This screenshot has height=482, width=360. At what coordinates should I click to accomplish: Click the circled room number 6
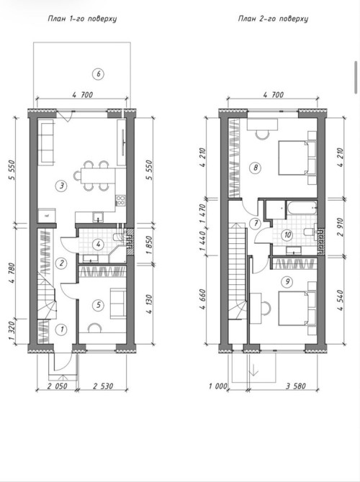click(x=98, y=74)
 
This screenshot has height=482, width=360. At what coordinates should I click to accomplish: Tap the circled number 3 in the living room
click(x=62, y=186)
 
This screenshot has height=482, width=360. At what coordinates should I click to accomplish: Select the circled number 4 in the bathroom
click(x=98, y=245)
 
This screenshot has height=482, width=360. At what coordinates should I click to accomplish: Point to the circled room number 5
click(x=98, y=305)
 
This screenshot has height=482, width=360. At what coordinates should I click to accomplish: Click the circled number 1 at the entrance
click(x=62, y=329)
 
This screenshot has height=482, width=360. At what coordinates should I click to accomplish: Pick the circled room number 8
click(x=256, y=168)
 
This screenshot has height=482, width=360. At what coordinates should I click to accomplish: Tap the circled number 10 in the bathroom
click(x=288, y=235)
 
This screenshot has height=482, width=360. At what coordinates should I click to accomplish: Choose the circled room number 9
click(x=287, y=281)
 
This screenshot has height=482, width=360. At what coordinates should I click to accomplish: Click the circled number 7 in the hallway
click(x=256, y=224)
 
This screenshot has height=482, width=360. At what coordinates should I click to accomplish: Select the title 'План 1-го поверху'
click(x=82, y=19)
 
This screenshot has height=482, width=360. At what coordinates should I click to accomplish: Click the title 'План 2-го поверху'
click(x=273, y=19)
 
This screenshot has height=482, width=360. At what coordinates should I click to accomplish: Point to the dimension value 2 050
click(x=57, y=386)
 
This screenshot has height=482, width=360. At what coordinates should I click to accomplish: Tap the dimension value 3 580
click(x=296, y=386)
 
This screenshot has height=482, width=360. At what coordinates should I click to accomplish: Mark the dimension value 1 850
click(x=148, y=245)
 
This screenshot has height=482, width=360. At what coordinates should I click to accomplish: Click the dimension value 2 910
click(x=340, y=227)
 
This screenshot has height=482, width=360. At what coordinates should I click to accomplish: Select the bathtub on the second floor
click(x=301, y=209)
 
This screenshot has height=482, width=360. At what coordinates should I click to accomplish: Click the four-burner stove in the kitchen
click(x=120, y=201)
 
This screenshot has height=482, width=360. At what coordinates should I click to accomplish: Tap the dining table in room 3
click(x=98, y=176)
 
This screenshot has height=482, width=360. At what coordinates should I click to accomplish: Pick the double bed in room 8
click(x=293, y=158)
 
